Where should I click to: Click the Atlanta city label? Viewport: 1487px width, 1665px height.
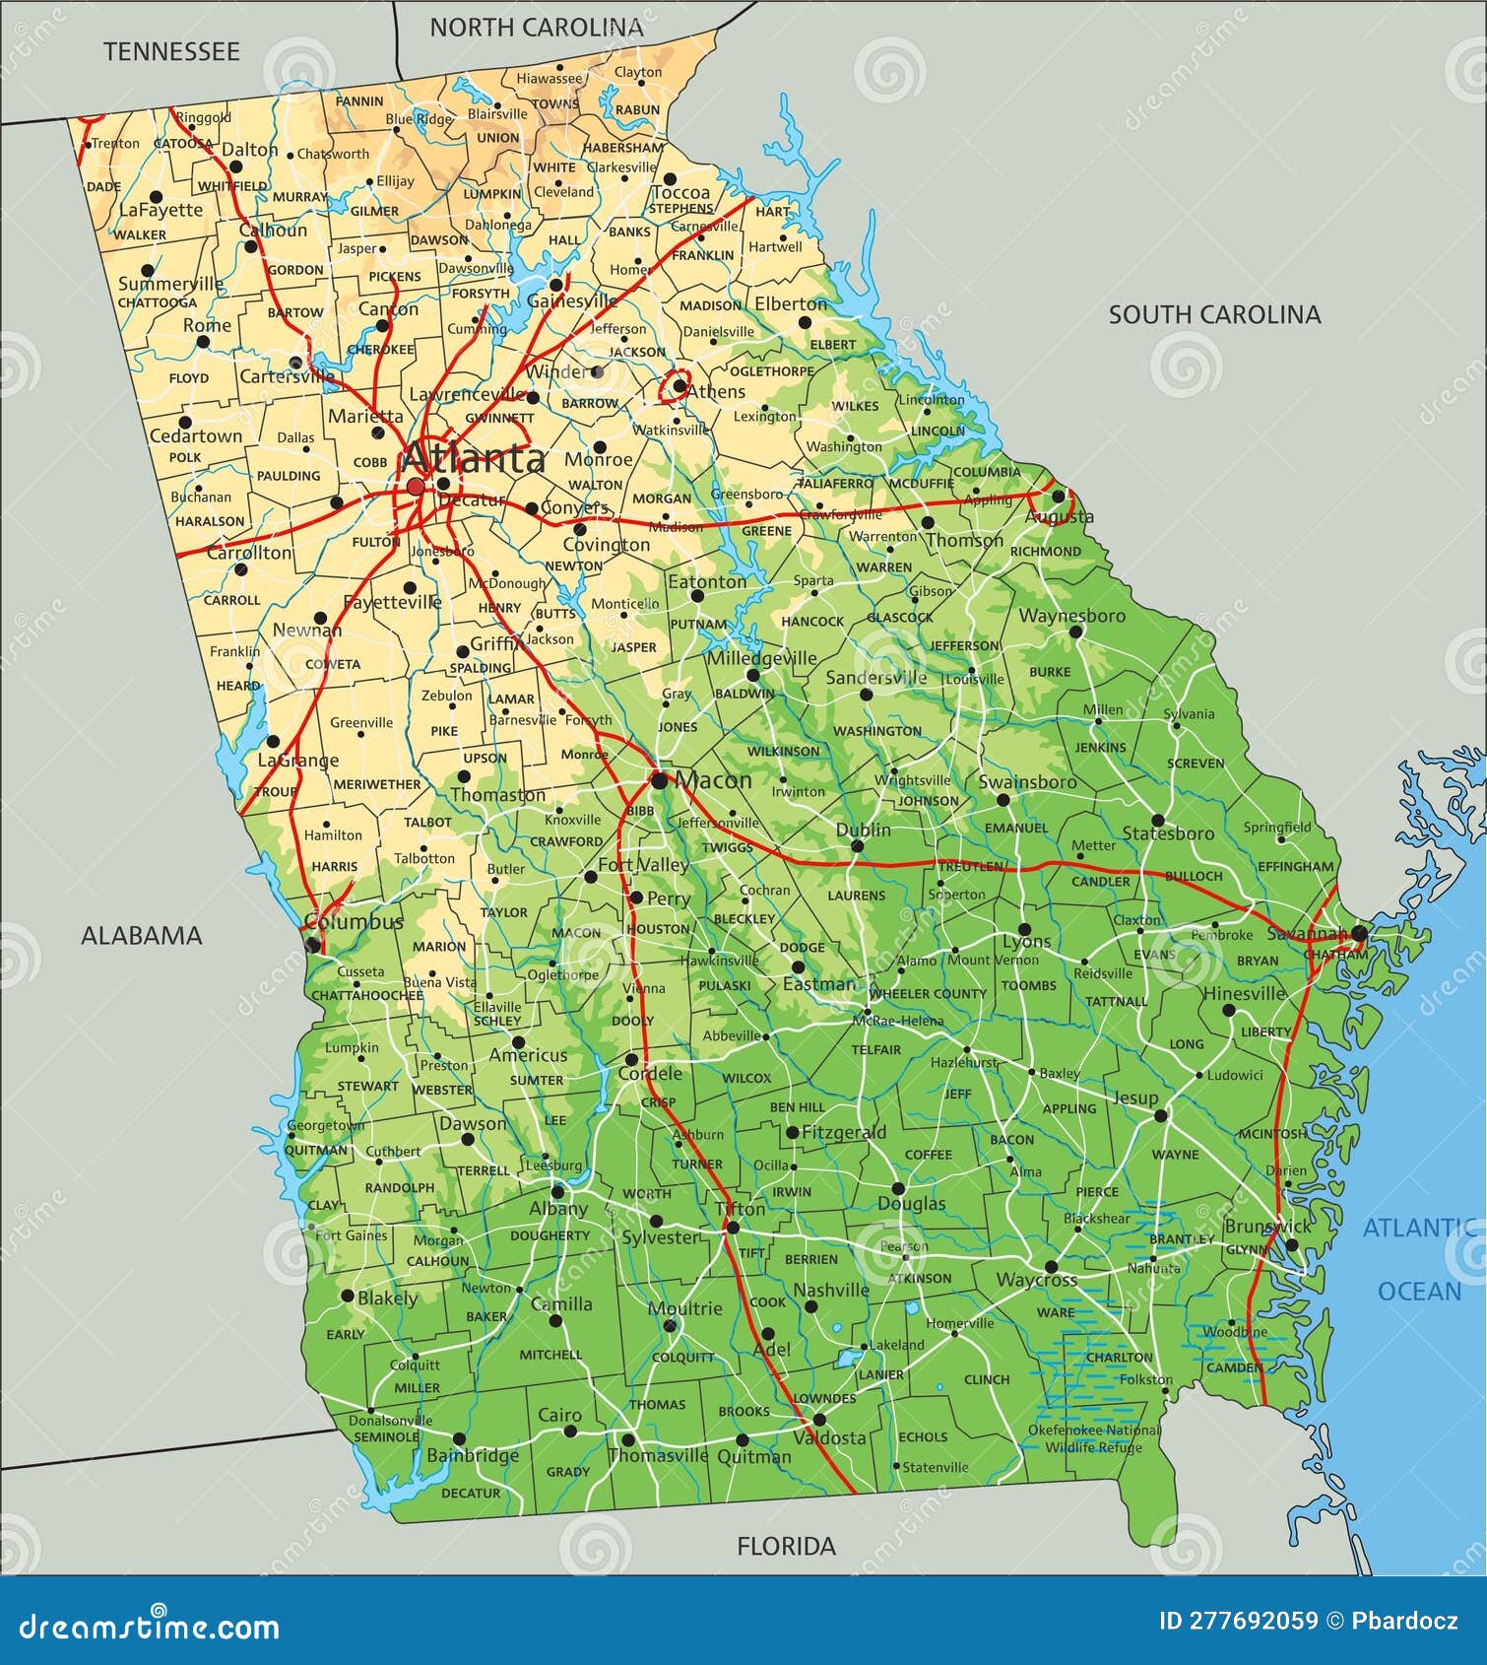click(x=473, y=459)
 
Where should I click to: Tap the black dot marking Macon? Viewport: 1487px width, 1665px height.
click(x=659, y=780)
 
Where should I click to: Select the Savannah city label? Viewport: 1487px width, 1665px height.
click(x=1306, y=932)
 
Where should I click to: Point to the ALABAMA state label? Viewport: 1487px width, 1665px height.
click(x=141, y=935)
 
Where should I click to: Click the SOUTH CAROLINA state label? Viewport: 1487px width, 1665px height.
click(x=1213, y=314)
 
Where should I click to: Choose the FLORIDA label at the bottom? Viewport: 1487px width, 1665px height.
click(x=786, y=1546)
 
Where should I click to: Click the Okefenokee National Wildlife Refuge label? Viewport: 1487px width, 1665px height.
click(x=1093, y=1438)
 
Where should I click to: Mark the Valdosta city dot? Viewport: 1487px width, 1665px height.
click(x=818, y=1420)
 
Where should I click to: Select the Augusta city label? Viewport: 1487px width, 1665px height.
click(x=1059, y=516)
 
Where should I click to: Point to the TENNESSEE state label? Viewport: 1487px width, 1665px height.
click(x=171, y=52)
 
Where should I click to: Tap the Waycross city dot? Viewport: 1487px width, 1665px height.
click(x=1051, y=1267)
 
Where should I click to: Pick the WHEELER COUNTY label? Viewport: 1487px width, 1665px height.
click(x=927, y=993)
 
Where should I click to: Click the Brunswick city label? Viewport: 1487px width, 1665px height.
click(x=1267, y=1227)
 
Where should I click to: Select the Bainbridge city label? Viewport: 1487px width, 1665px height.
click(x=473, y=1455)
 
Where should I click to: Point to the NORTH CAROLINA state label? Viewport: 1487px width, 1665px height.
click(x=536, y=28)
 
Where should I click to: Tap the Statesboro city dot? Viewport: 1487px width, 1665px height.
click(x=1158, y=820)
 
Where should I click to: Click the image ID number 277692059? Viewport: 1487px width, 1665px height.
click(x=1238, y=1621)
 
